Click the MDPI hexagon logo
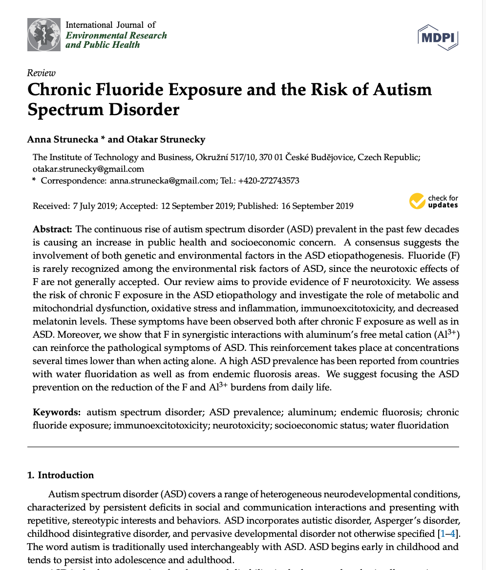tap(438, 37)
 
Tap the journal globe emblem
tap(44, 34)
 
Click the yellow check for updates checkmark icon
tap(417, 201)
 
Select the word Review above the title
tap(42, 73)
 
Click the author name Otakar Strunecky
tap(166, 139)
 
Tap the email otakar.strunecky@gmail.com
tap(88, 169)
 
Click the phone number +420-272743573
tap(269, 181)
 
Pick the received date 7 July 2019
tap(93, 206)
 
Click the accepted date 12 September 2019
tap(196, 206)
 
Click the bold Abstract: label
tap(52, 229)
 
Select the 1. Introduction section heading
tap(61, 475)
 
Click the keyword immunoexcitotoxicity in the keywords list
tap(161, 425)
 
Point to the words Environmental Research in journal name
tap(116, 35)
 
